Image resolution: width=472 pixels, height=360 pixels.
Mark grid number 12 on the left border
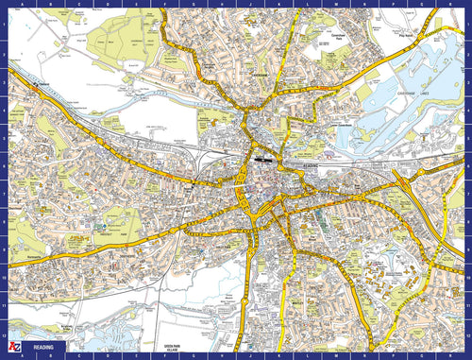coord(6,334)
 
